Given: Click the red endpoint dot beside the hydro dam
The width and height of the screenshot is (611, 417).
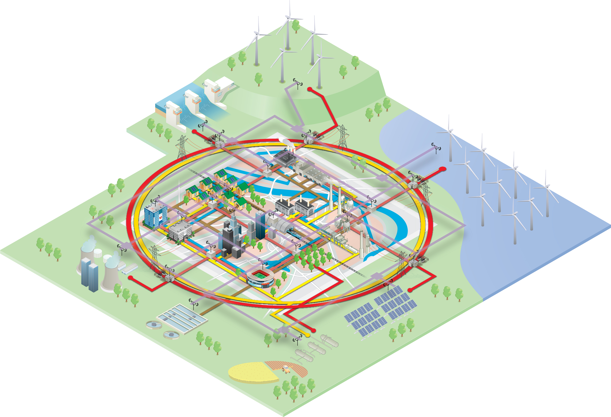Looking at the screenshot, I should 194,131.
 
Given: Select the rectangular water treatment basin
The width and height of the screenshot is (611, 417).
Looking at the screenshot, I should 181,318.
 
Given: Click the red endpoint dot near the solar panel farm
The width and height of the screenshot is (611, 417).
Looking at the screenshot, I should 410,290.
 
